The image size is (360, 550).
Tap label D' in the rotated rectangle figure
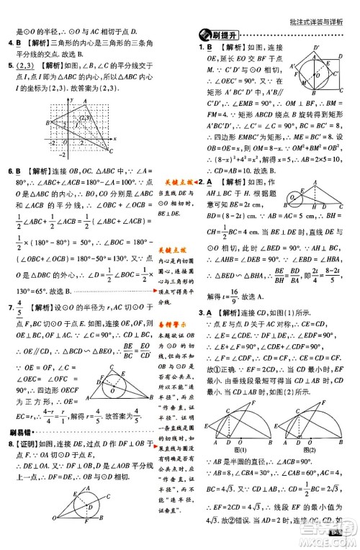click(317, 48)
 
